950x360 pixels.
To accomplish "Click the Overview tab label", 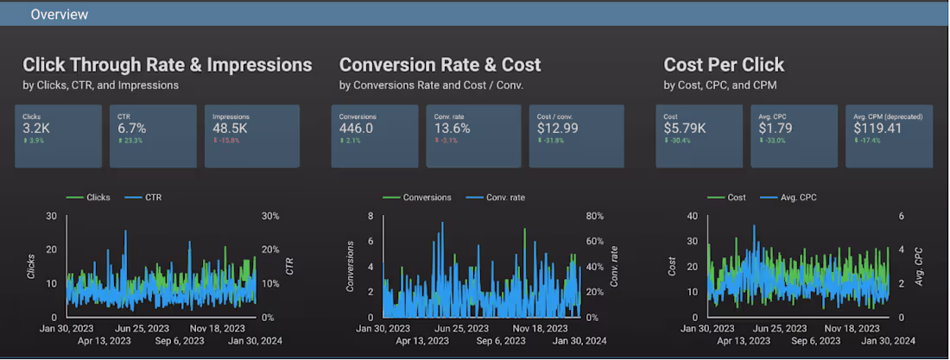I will pos(59,15).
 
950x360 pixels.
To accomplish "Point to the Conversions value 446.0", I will pos(356,128).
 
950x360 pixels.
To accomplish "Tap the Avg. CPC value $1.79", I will pos(776,128).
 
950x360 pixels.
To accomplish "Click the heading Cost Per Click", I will pos(724,65).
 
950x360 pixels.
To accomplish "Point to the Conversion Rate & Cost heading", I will pos(440,65).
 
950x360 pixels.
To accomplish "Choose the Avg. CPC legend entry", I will pos(792,197).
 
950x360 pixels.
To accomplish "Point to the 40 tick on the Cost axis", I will pos(691,217).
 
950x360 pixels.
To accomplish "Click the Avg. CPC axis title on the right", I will pos(920,267).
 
